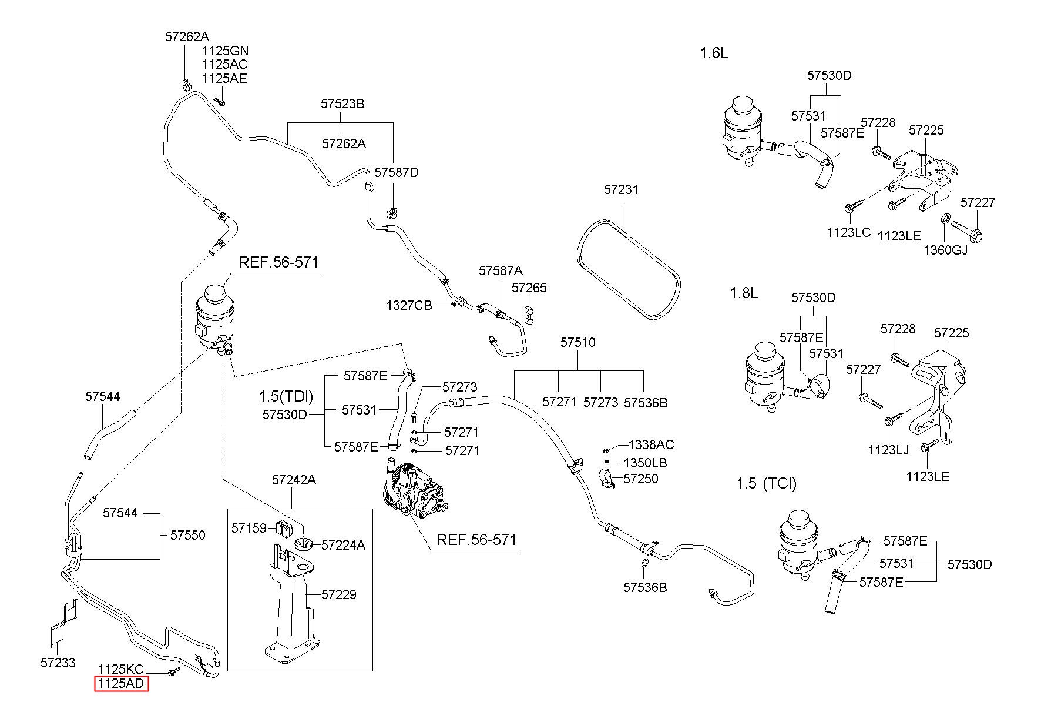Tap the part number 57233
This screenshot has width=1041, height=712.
58,663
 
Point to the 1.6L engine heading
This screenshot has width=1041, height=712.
714,54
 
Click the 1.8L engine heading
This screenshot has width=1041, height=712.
744,293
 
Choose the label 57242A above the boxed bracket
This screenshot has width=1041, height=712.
294,480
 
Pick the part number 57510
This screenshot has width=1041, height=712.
577,342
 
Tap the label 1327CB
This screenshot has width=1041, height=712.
409,306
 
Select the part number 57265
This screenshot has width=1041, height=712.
529,288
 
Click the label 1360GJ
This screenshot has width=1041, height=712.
945,249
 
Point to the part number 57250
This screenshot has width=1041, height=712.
641,479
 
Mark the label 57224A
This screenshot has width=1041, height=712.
344,545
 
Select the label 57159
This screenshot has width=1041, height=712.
249,528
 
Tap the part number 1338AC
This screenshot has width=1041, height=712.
651,444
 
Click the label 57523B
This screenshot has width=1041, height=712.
342,103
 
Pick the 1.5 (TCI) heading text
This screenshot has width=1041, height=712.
767,484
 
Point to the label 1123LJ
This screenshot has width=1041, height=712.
888,450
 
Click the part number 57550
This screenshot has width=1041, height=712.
188,535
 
